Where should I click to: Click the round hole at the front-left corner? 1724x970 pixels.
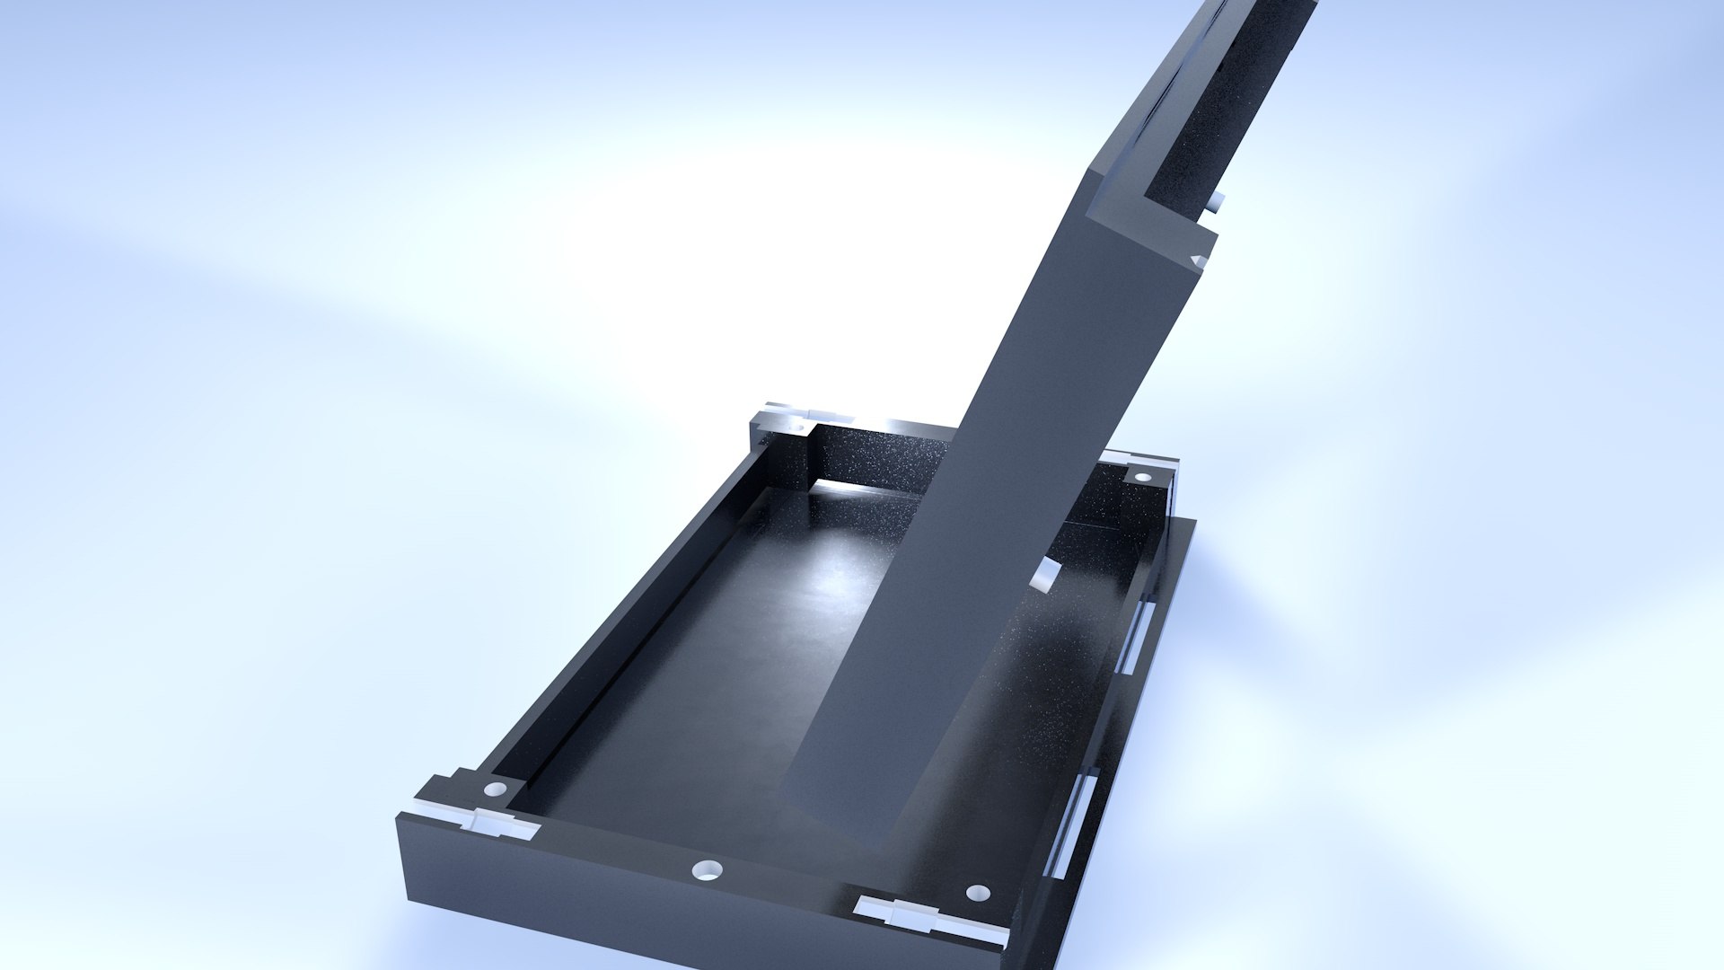click(495, 789)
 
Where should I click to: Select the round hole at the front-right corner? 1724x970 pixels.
click(978, 893)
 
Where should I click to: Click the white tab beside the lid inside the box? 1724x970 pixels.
click(1044, 575)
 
